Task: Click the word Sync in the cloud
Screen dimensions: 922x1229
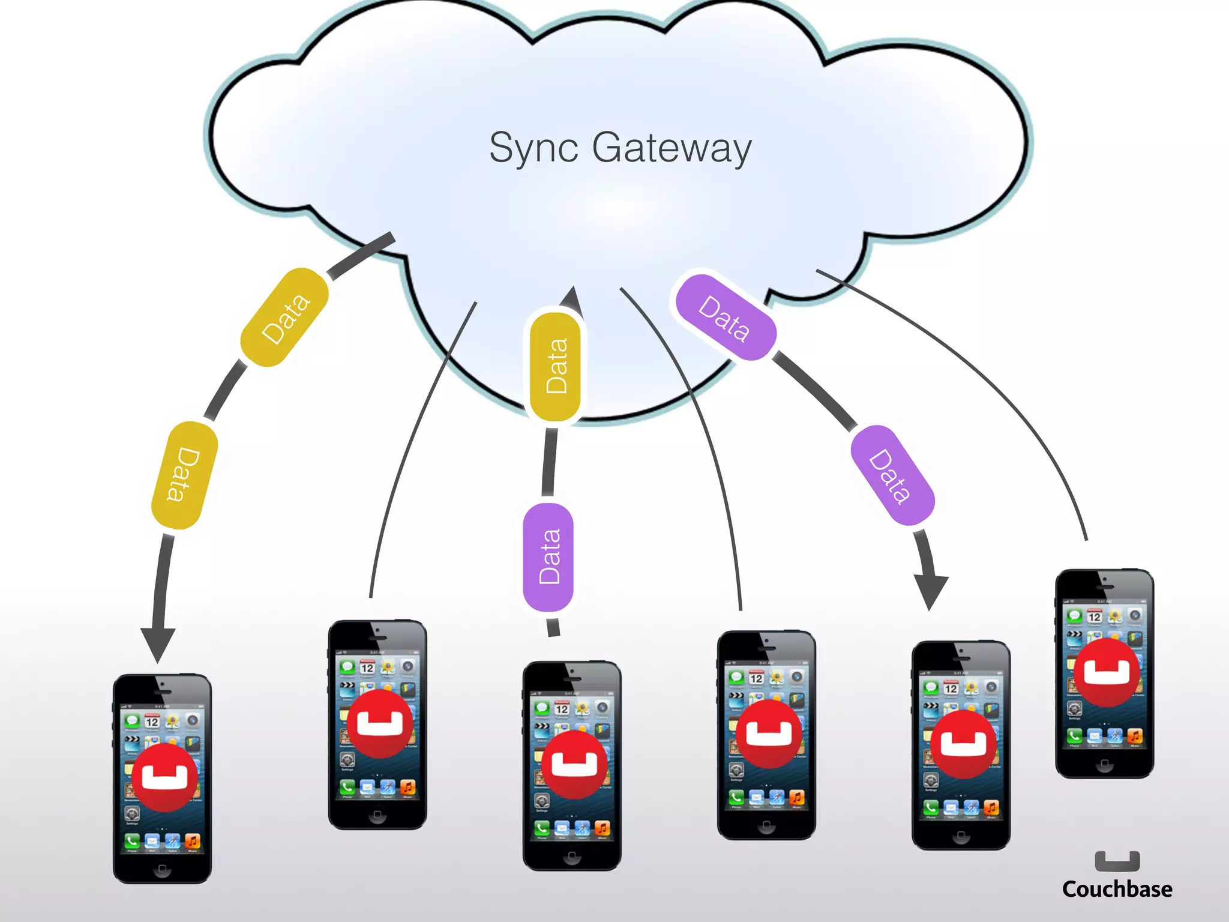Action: pyautogui.click(x=533, y=148)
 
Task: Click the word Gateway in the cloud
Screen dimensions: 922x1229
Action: pyautogui.click(x=672, y=148)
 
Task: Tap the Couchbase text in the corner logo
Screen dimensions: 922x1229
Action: pyautogui.click(x=1117, y=889)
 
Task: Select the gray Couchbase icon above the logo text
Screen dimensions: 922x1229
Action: pyautogui.click(x=1117, y=861)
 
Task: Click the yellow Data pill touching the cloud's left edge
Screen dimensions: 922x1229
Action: pyautogui.click(x=284, y=317)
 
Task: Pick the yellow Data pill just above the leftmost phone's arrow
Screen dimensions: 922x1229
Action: pyautogui.click(x=184, y=475)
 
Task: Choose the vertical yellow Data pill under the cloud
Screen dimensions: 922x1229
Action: pyautogui.click(x=556, y=366)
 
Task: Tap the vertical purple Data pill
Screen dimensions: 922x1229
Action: pyautogui.click(x=548, y=557)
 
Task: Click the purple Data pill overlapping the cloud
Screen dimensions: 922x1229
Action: pyautogui.click(x=726, y=318)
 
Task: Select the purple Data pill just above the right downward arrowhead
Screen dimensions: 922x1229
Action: pyautogui.click(x=892, y=475)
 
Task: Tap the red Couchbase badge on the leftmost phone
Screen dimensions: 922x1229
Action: pyautogui.click(x=164, y=777)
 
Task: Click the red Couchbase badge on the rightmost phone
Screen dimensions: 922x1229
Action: pyautogui.click(x=1107, y=672)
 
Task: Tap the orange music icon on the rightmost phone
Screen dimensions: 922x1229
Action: pyautogui.click(x=1135, y=735)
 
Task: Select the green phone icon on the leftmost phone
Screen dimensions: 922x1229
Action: pyautogui.click(x=132, y=840)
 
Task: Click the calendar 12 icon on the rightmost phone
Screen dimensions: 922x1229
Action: pyautogui.click(x=1095, y=616)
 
